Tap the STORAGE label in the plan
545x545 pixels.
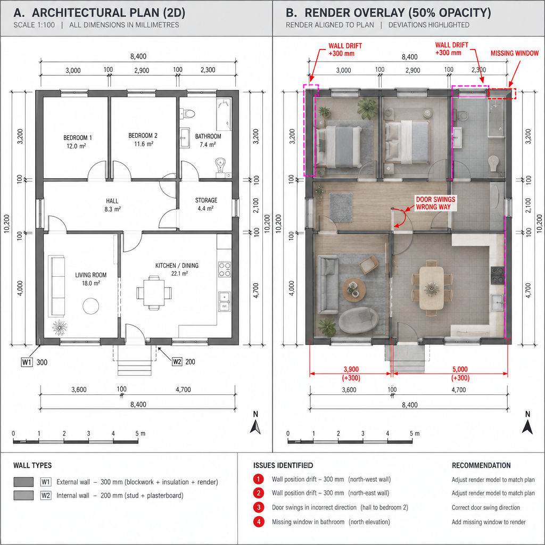click(x=206, y=200)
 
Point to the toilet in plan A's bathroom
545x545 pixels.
click(x=188, y=113)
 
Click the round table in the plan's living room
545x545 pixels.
click(x=90, y=306)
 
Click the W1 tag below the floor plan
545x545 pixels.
click(x=27, y=362)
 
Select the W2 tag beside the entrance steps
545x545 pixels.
click(x=177, y=362)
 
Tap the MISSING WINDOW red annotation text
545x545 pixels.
click(x=515, y=53)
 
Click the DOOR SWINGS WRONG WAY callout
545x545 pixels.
click(x=436, y=203)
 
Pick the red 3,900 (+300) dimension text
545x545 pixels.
click(x=351, y=374)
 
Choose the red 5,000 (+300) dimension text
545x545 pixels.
click(x=460, y=374)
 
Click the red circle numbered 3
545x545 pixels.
click(x=258, y=507)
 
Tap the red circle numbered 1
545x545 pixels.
click(x=258, y=480)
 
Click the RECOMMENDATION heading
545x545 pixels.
click(x=481, y=465)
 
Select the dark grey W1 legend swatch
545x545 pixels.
click(x=23, y=482)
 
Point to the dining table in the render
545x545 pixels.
click(x=431, y=288)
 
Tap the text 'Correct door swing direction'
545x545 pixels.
click(x=486, y=507)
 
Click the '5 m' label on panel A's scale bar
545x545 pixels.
click(x=141, y=433)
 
